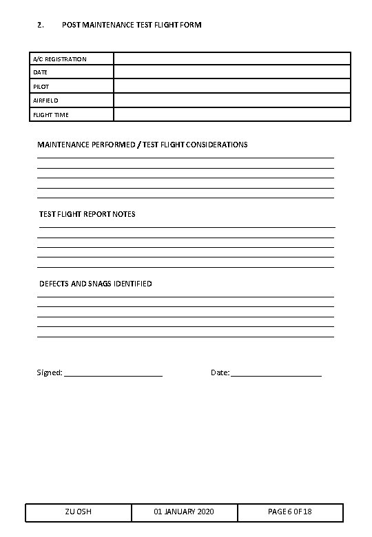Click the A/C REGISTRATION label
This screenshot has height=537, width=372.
[60, 59]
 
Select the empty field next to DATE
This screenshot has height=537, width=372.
[232, 72]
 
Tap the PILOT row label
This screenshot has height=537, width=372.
[41, 87]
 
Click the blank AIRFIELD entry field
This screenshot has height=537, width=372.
[232, 101]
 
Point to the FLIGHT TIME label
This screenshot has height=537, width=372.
[51, 115]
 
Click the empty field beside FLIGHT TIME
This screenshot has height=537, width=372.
[232, 115]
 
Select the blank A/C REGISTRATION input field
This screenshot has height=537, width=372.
[232, 59]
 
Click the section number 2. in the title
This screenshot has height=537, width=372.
[41, 25]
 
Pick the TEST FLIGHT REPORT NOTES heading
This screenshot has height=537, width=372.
[87, 214]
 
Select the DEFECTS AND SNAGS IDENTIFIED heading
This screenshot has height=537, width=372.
[96, 284]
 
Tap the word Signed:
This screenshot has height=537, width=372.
[49, 372]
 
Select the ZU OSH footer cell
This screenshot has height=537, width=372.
[79, 512]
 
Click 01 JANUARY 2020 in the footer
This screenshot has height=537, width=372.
[184, 512]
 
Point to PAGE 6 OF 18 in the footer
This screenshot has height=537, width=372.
[289, 512]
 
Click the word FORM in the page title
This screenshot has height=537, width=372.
[190, 25]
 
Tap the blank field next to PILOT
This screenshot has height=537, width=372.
[232, 87]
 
